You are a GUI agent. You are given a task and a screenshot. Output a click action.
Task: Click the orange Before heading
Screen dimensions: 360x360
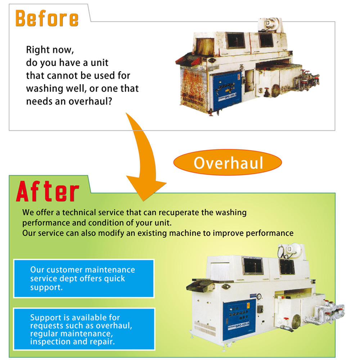pos(47,18)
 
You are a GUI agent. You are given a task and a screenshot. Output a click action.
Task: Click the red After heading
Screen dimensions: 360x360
pos(48,191)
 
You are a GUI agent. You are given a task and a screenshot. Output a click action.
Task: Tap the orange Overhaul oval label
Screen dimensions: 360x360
pos(228,163)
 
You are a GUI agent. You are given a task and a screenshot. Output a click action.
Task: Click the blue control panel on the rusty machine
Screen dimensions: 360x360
pos(227,90)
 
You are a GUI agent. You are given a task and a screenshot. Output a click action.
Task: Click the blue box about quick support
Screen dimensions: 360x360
pos(84,279)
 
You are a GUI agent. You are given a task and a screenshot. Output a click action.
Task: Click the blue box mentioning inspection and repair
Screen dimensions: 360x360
pos(84,329)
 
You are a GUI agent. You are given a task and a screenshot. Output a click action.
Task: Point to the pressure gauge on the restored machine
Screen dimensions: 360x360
pos(259,296)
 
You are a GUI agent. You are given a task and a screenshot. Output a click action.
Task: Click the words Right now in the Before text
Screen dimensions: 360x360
pos(50,50)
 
